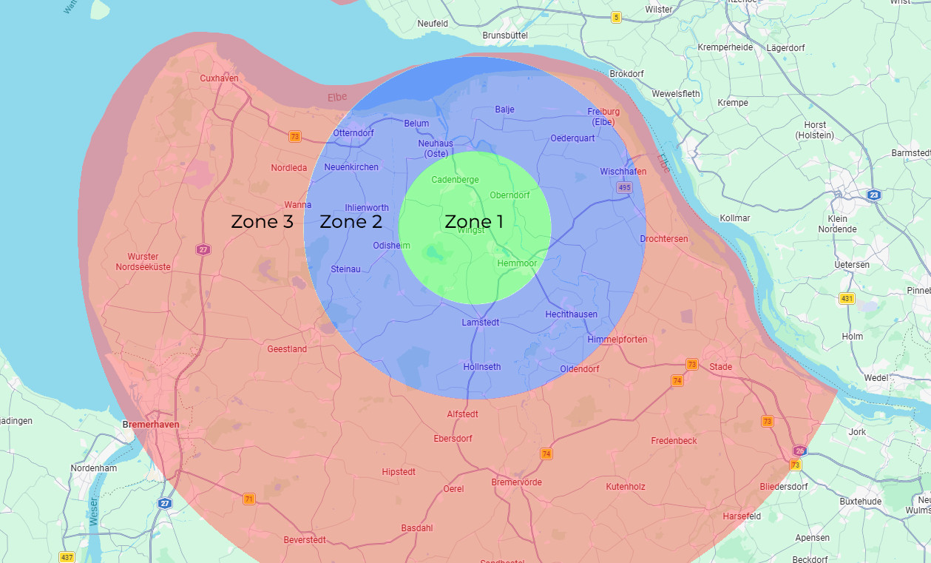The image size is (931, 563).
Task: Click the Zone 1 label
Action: coord(474,222)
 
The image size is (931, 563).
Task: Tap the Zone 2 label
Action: coord(351,222)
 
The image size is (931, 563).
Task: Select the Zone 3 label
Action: coord(262,222)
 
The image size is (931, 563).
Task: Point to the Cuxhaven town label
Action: coord(219,78)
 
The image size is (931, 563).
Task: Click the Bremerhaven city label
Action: coord(150,426)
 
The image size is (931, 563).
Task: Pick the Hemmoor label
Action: coord(517,263)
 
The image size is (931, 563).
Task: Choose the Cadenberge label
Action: coord(455,180)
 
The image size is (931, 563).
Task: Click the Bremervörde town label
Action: coord(516,482)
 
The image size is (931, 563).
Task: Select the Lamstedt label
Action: coord(481,323)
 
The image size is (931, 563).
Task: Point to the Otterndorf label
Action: coord(353,133)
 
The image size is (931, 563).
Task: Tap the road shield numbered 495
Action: coord(625,188)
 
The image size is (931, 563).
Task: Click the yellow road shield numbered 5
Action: coord(616,17)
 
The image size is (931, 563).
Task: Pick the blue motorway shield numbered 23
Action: coord(875,195)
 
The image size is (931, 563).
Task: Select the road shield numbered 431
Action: coord(847,299)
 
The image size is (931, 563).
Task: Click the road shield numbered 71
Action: coord(249,499)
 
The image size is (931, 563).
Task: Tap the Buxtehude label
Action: coord(860,502)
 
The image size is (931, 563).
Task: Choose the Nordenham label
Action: coord(94,468)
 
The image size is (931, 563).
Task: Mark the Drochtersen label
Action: coord(663,239)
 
